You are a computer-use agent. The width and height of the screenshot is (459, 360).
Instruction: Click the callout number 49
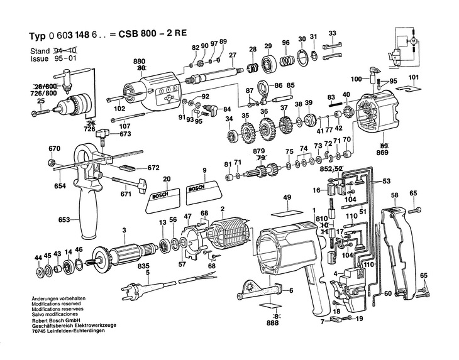click(287, 199)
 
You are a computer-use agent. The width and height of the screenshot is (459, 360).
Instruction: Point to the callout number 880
click(139, 61)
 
